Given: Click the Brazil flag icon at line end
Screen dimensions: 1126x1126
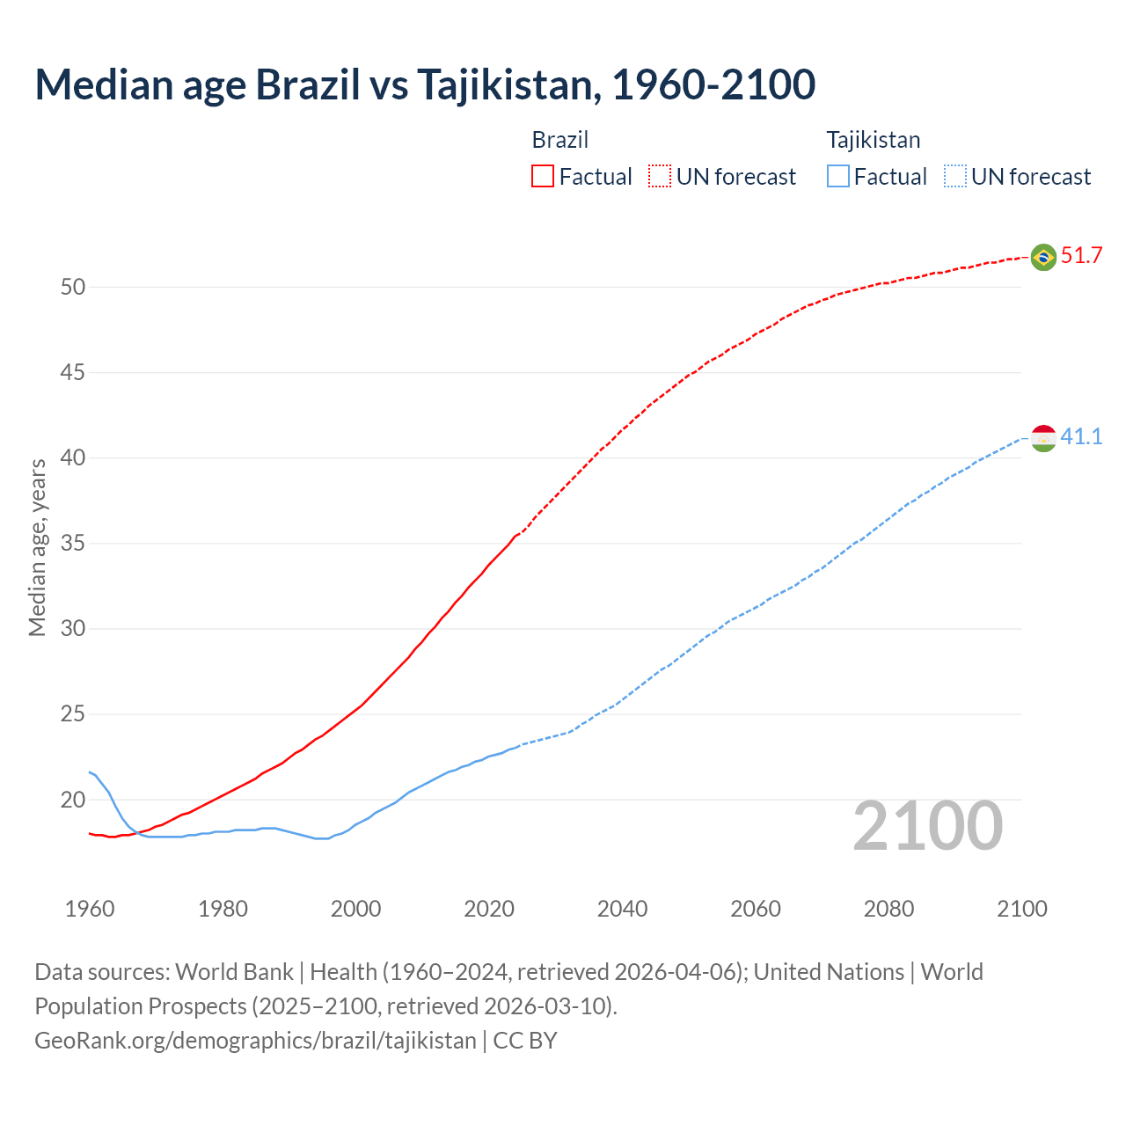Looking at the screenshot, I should [x=1043, y=257].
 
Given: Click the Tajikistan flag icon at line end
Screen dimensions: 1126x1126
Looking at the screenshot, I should [x=1043, y=437].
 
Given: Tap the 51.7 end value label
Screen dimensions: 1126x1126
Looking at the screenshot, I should [x=1081, y=256].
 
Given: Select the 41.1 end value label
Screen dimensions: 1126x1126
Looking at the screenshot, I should [x=1081, y=436].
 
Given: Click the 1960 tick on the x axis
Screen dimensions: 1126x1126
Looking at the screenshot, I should [x=90, y=909].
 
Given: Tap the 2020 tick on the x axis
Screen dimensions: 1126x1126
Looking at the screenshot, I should [x=489, y=909].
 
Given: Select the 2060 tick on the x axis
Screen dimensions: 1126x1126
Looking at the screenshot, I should [x=756, y=909].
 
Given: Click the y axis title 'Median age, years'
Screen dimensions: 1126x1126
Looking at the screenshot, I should [x=37, y=547].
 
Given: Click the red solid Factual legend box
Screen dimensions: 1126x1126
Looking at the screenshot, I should [x=543, y=177].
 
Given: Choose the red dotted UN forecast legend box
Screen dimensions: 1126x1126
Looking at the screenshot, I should [x=660, y=177].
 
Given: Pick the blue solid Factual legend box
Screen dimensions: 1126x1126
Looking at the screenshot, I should [x=838, y=177].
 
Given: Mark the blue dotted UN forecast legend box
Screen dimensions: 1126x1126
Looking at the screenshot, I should [x=954, y=177].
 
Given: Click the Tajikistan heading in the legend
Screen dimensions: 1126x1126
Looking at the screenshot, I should [x=873, y=140].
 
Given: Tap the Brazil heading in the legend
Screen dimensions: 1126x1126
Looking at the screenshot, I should [x=560, y=140].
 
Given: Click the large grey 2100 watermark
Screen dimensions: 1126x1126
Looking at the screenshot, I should [x=927, y=826].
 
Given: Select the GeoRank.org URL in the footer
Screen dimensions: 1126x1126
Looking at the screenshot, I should [x=255, y=1041].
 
